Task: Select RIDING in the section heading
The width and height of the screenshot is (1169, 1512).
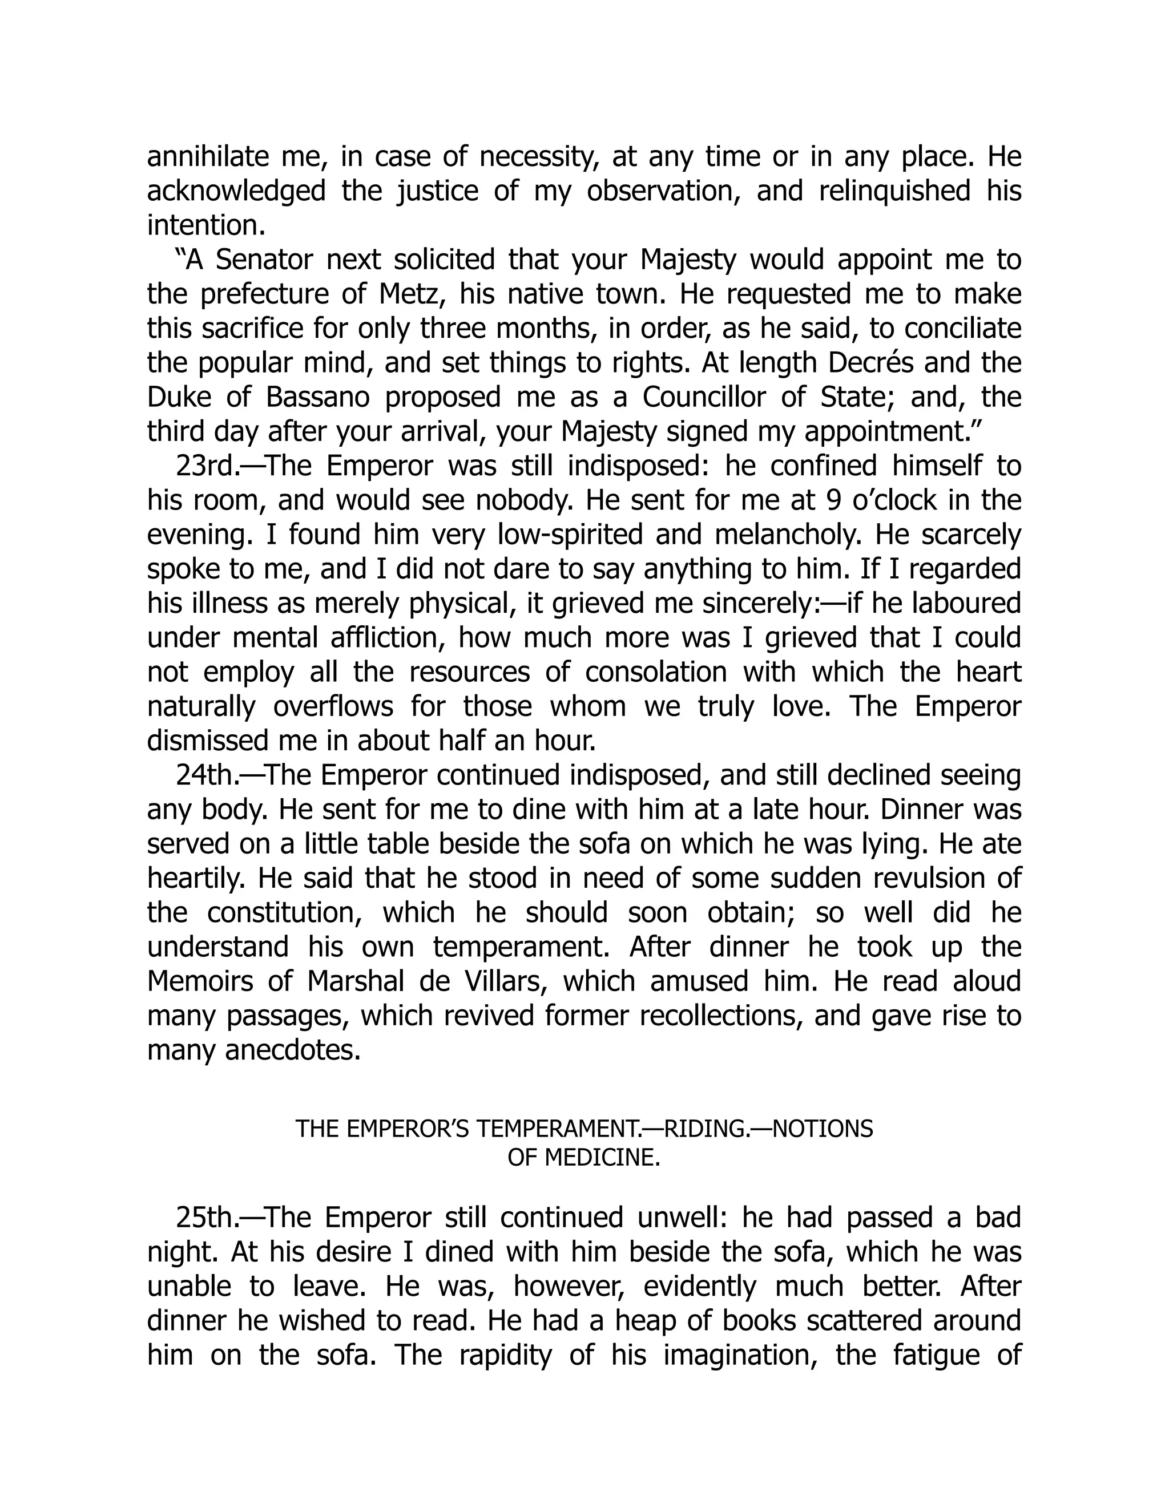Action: (x=695, y=1129)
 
